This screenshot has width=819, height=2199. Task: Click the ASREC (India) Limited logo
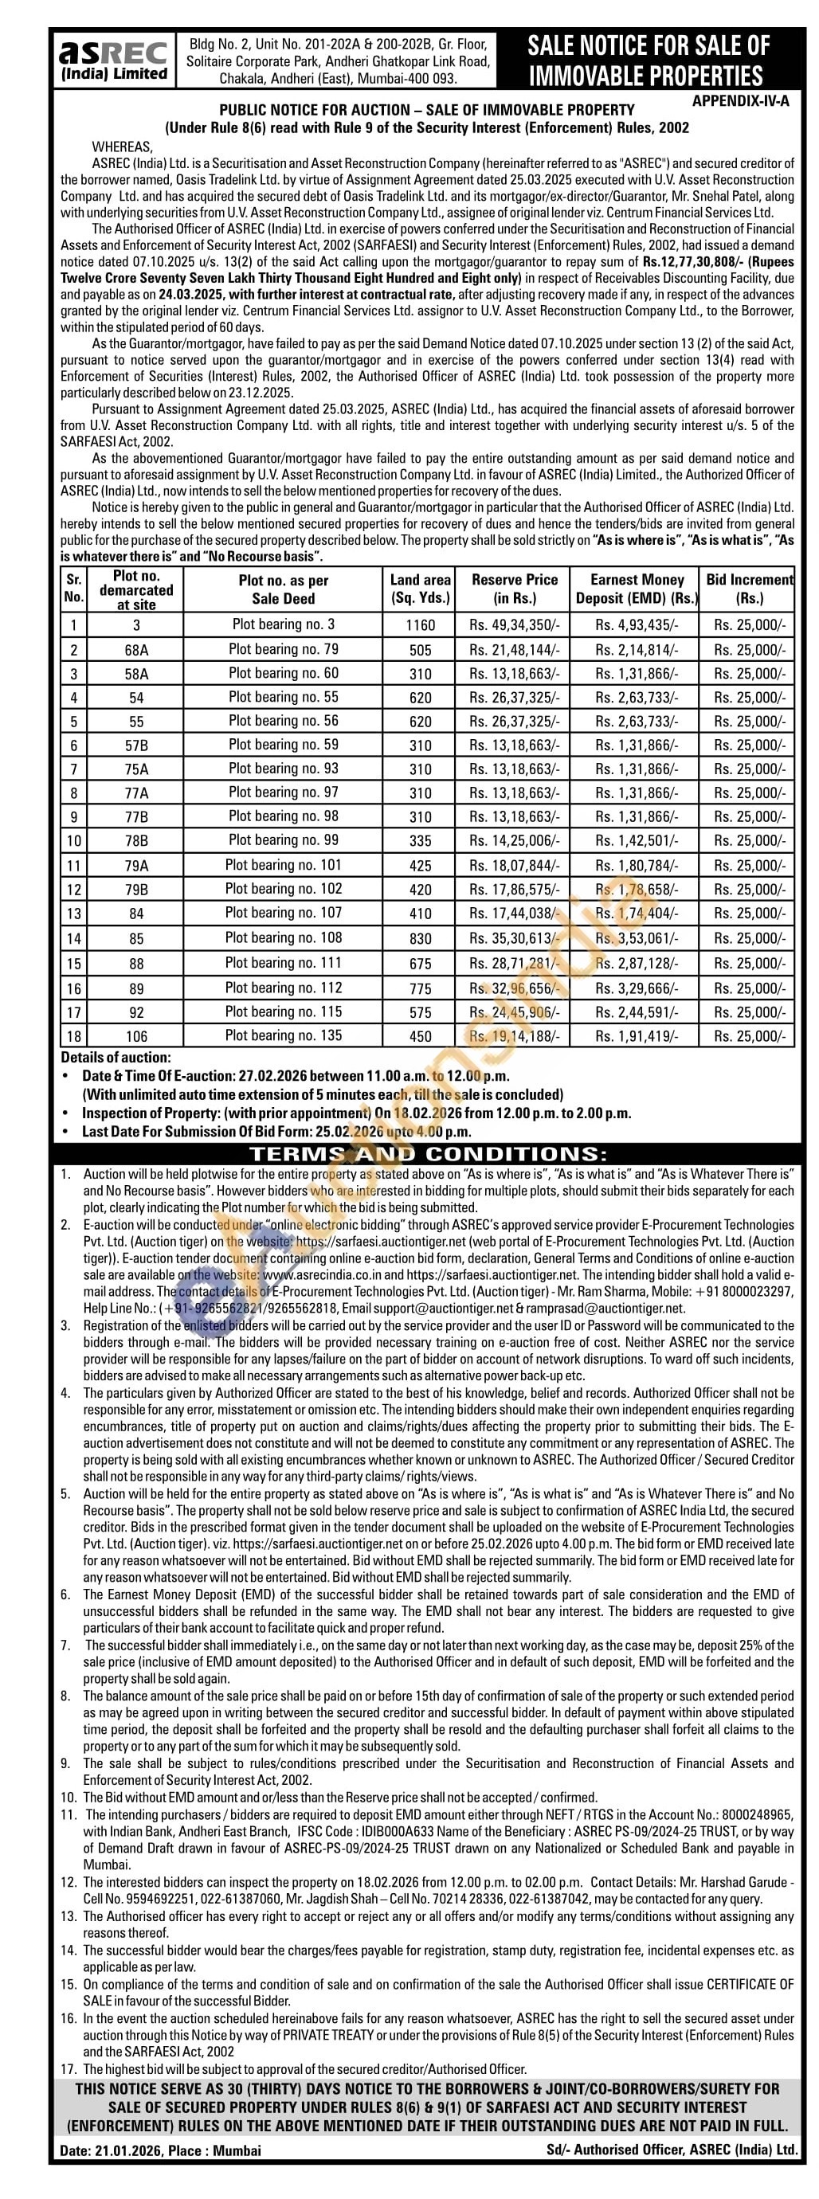tap(112, 60)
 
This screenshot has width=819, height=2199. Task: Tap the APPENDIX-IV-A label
tap(740, 100)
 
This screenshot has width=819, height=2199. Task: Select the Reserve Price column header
tap(515, 588)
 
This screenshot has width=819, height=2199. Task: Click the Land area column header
tap(420, 588)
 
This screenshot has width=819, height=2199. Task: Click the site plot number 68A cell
tap(137, 651)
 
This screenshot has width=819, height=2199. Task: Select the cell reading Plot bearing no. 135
tap(284, 1035)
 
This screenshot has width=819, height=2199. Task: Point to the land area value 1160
tap(420, 625)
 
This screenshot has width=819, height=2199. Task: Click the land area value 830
tap(420, 939)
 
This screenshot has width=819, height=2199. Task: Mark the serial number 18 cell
tap(74, 1036)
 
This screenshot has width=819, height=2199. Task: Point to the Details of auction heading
tap(116, 1058)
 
